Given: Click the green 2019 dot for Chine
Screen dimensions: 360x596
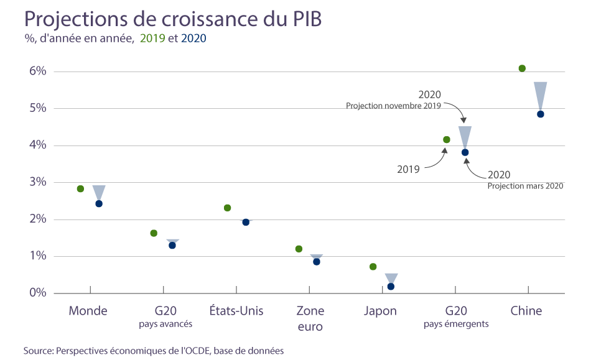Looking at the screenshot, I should tap(522, 68).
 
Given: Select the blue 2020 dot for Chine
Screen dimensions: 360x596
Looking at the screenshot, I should tap(541, 114).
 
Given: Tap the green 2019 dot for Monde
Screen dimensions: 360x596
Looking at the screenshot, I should tap(80, 189).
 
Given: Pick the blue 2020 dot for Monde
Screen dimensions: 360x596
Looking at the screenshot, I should tap(99, 203).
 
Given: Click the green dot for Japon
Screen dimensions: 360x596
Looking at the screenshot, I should tap(373, 267).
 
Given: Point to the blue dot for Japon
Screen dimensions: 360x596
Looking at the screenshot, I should tap(391, 287).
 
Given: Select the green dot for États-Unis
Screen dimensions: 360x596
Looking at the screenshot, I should tap(227, 208).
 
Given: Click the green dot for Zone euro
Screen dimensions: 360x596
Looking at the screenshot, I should tap(299, 249).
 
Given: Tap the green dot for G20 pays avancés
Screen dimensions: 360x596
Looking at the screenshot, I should tap(154, 233).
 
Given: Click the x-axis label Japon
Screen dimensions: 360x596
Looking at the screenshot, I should tap(380, 311).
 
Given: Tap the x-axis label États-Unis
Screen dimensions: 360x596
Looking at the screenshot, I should tap(236, 311).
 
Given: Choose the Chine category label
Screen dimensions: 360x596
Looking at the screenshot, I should tap(526, 311).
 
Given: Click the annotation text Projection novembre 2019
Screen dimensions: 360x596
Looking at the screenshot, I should tap(393, 106).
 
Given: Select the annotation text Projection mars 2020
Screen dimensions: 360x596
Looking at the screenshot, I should tap(525, 186).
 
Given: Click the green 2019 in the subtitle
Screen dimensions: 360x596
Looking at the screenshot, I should tap(153, 39).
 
